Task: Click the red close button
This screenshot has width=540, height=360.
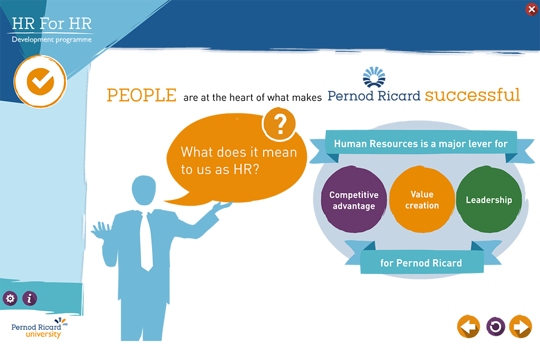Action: point(532,9)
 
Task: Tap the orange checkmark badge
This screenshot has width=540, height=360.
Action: point(40,82)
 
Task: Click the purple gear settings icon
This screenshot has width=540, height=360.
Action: point(11,298)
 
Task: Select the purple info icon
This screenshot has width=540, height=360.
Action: point(30,298)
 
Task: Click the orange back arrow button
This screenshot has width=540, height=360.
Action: point(468,326)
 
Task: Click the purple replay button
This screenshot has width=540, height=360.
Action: point(496,326)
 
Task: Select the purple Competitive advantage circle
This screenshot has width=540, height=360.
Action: point(354,200)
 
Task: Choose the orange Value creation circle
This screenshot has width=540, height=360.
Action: point(422,200)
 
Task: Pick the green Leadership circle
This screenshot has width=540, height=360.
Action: point(489,200)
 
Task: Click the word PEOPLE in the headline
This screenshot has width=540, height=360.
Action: point(141,95)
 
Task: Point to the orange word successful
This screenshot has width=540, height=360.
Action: point(472,95)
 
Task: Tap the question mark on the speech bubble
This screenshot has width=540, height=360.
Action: point(279,124)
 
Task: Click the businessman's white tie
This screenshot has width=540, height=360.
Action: point(147,241)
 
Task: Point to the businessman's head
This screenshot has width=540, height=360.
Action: point(144,190)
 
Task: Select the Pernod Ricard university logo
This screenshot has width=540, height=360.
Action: point(39,328)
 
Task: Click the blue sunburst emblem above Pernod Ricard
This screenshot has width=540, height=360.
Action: point(374,77)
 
